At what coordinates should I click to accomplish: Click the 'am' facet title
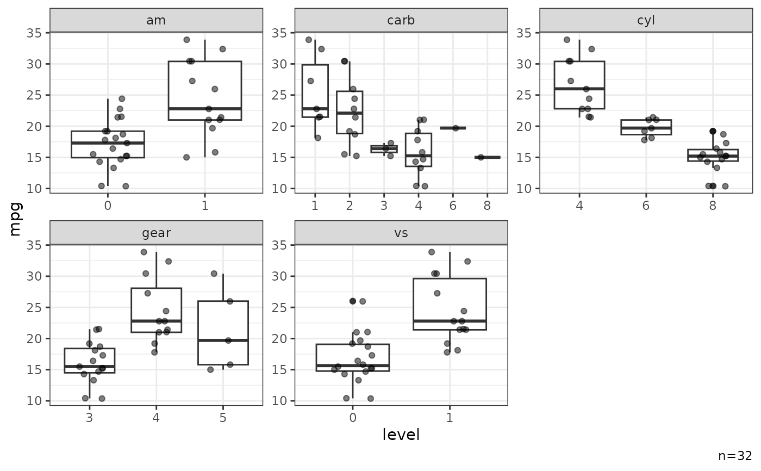pos(156,21)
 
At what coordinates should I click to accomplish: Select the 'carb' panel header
pos(401,21)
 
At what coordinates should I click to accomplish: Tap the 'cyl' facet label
pos(646,21)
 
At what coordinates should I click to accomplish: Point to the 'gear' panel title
pos(156,233)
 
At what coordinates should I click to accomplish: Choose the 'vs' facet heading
pos(401,233)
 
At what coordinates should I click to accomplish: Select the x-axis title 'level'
pos(401,434)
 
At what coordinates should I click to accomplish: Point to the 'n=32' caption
pos(735,456)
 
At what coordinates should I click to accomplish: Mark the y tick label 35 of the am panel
pos(34,33)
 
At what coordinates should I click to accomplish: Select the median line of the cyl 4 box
pos(579,89)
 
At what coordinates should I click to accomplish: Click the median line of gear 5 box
pos(223,340)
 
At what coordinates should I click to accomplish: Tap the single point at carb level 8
pos(481,157)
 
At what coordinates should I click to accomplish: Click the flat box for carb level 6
pos(453,128)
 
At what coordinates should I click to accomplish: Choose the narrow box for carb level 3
pos(384,149)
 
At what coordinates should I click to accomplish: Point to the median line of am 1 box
pos(204,109)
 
